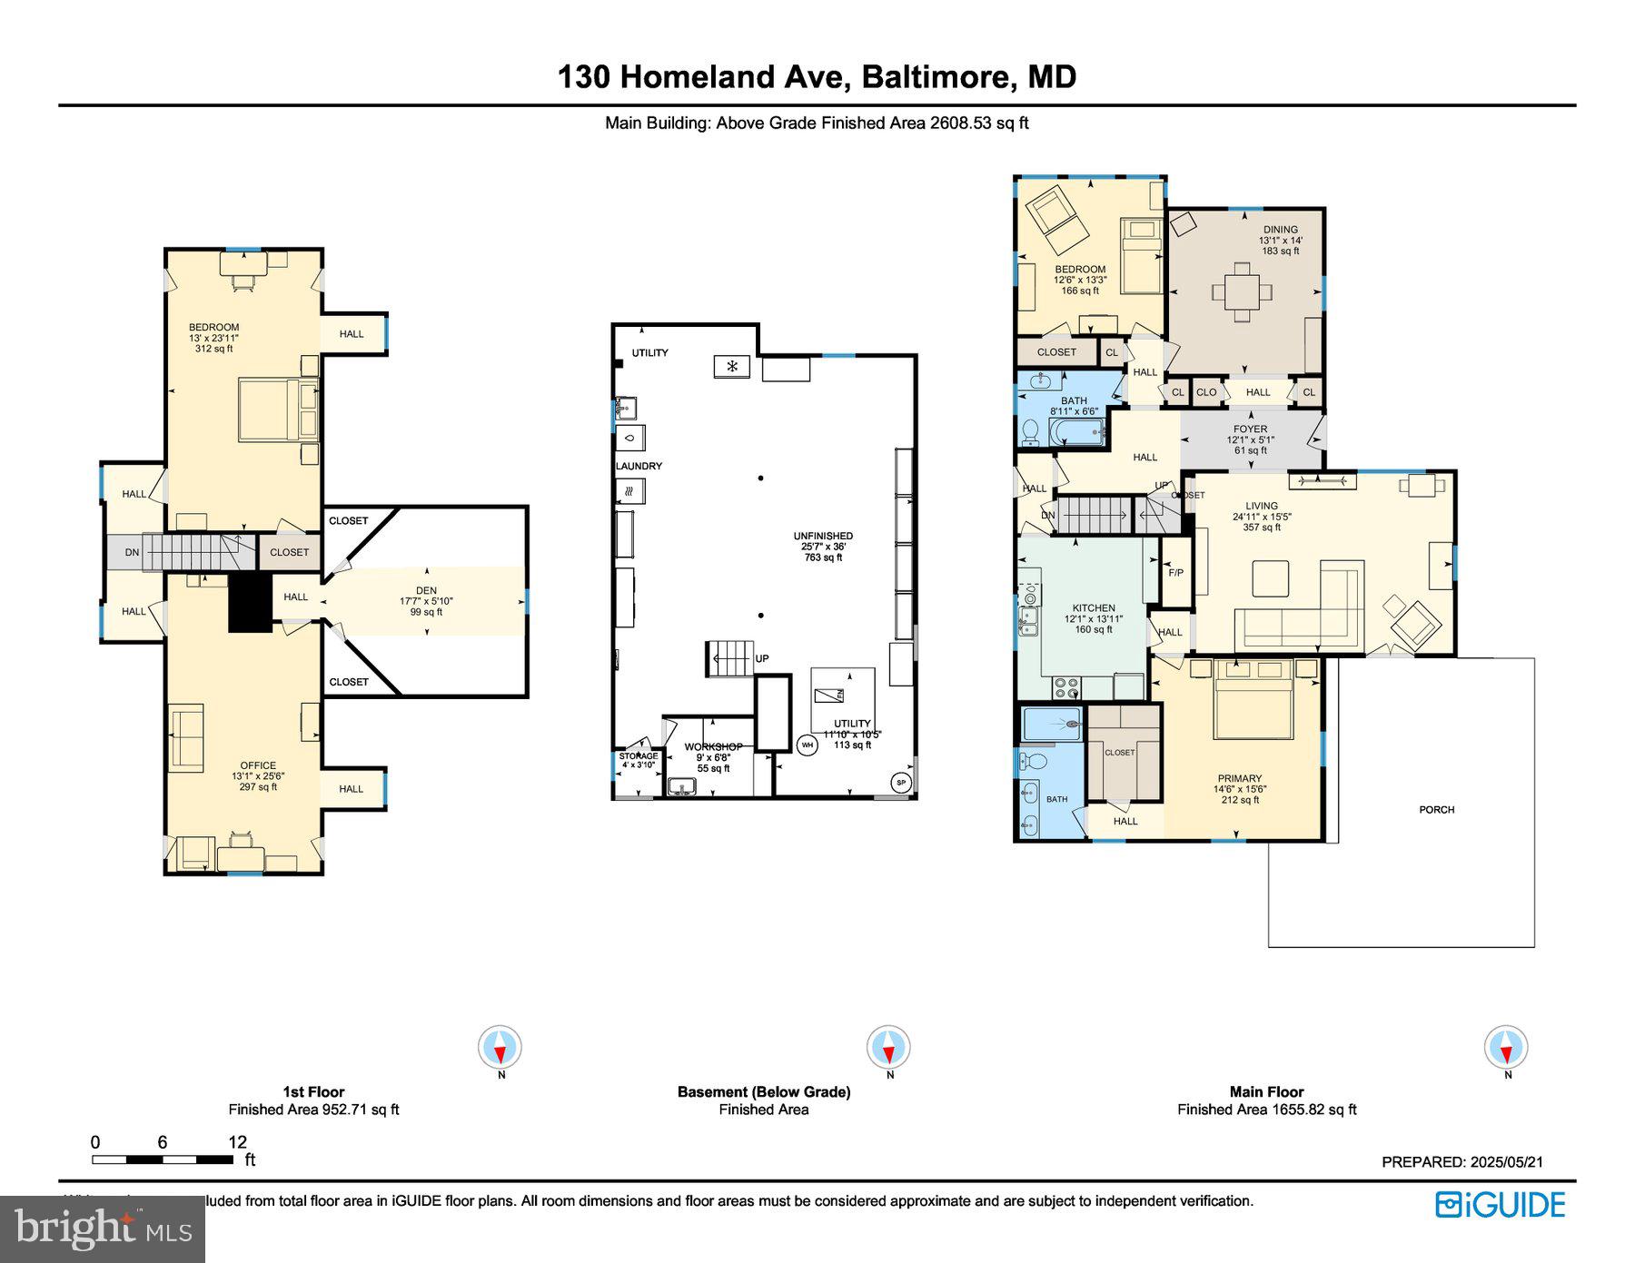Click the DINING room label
pyautogui.click(x=1280, y=230)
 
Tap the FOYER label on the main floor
pyautogui.click(x=1250, y=429)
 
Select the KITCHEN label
pyautogui.click(x=1093, y=608)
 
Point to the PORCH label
pyautogui.click(x=1436, y=809)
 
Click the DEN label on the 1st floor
pyautogui.click(x=426, y=590)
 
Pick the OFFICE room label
pyautogui.click(x=258, y=765)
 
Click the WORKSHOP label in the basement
pyautogui.click(x=713, y=746)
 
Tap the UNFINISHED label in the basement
pyautogui.click(x=823, y=536)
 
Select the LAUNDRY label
pyautogui.click(x=639, y=466)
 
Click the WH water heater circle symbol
pyautogui.click(x=807, y=745)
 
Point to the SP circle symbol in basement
pyautogui.click(x=901, y=782)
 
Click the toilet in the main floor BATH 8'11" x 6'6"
pyautogui.click(x=1031, y=431)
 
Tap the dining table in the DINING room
pyautogui.click(x=1241, y=292)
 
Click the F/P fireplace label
pyautogui.click(x=1175, y=573)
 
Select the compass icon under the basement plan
pyautogui.click(x=887, y=1048)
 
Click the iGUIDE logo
pyautogui.click(x=1500, y=1204)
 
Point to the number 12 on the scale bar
pyautogui.click(x=237, y=1142)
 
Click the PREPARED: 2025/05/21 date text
pyautogui.click(x=1462, y=1161)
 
